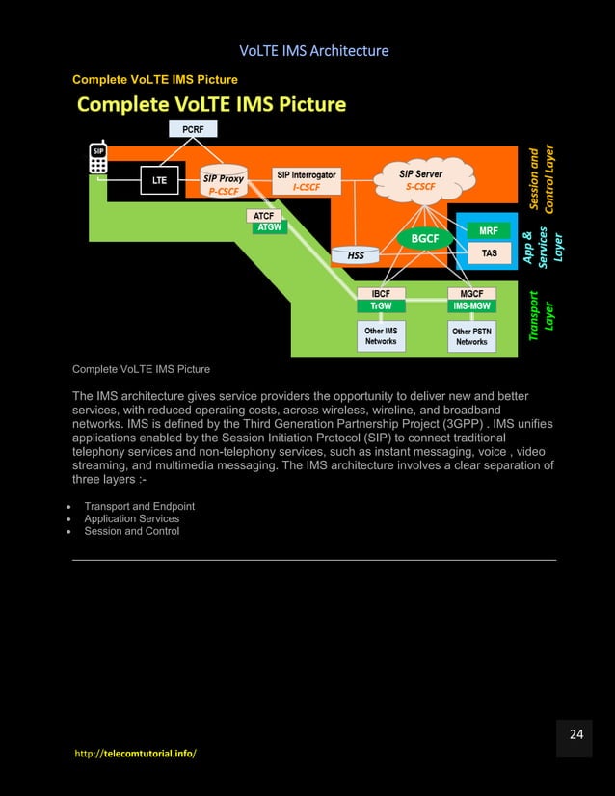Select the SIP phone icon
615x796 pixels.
pos(97,160)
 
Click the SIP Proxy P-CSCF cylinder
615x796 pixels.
pos(224,182)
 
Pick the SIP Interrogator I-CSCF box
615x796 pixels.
pos(307,181)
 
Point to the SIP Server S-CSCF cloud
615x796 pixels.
pos(421,179)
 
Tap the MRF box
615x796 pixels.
pos(489,231)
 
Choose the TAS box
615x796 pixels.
pos(489,253)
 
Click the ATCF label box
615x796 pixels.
pos(262,216)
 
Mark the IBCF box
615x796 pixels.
pos(381,293)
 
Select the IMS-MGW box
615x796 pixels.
pos(471,305)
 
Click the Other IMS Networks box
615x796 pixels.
pos(381,335)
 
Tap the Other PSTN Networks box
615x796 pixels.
pos(471,336)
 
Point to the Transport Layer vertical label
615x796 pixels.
pos(542,317)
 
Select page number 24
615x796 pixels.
pos(575,735)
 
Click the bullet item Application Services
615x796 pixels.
pos(131,518)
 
